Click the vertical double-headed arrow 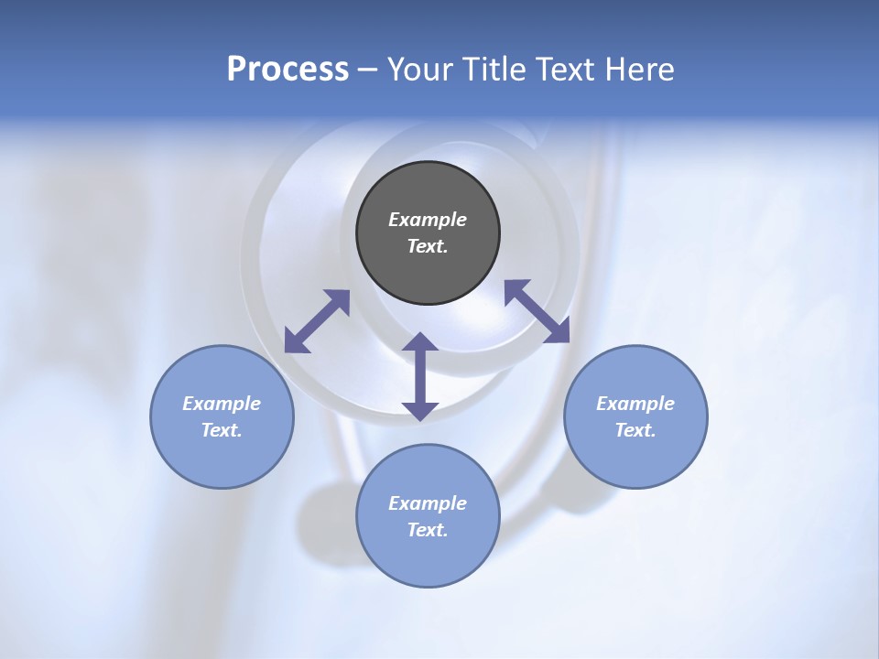(x=420, y=376)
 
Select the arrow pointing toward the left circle (x=317, y=321)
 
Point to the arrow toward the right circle (x=537, y=311)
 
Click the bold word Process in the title (x=288, y=69)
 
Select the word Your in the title (x=418, y=69)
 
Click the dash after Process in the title (x=368, y=70)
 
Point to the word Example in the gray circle (x=428, y=220)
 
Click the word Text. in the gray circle (x=428, y=246)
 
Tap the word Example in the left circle (x=222, y=404)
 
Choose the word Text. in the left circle (x=222, y=430)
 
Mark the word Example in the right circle (x=635, y=404)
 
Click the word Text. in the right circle (x=635, y=430)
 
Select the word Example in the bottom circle (x=428, y=503)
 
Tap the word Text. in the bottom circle (x=428, y=530)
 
